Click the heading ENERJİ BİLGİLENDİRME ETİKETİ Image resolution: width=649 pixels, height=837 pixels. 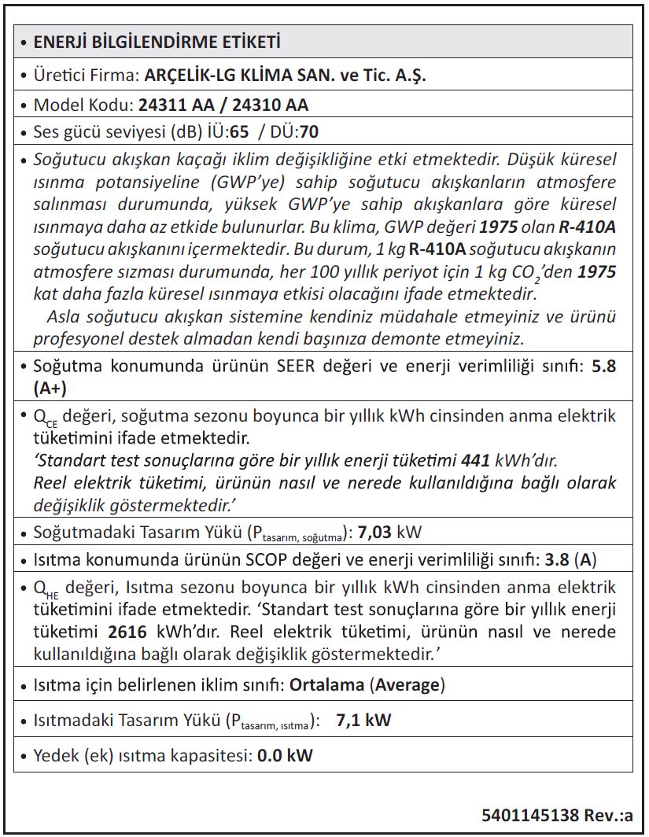[x=157, y=42]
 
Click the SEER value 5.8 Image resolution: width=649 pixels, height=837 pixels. [x=604, y=367]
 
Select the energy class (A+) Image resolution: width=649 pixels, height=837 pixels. [x=51, y=388]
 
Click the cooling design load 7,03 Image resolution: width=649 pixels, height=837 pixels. [x=375, y=533]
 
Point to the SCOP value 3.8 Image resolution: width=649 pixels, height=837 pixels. [x=557, y=561]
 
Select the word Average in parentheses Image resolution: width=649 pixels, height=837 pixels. [x=407, y=684]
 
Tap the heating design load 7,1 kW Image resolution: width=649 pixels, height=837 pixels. [x=363, y=721]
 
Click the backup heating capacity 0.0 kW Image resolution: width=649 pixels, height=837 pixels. [x=285, y=756]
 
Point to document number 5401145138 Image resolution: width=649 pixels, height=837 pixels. [x=531, y=814]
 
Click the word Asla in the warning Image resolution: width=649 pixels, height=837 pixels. [x=64, y=318]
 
